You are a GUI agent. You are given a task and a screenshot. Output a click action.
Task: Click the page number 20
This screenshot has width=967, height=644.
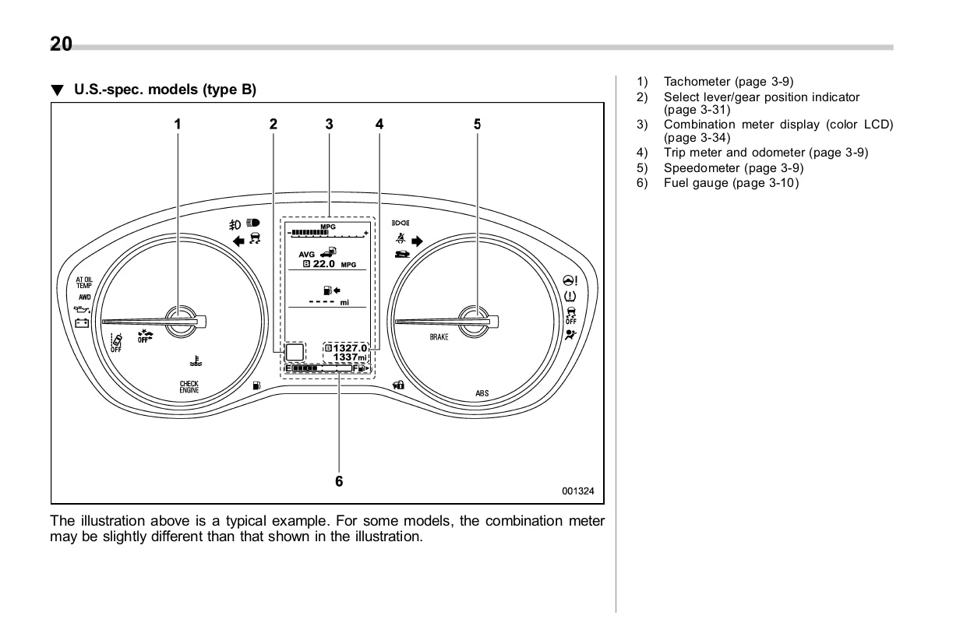point(61,44)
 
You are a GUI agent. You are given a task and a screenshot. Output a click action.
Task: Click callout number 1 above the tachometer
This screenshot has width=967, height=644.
point(177,124)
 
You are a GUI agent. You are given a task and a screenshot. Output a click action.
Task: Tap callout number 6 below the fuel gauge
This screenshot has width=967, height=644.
point(339,481)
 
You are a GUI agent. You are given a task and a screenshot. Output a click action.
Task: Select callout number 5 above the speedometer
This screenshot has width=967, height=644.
point(477,124)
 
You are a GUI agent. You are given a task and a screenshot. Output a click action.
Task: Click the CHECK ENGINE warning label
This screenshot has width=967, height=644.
point(189,386)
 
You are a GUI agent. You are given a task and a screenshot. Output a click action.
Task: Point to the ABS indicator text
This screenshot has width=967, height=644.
point(482,394)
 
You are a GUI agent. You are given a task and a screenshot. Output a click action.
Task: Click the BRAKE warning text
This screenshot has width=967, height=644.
point(439,337)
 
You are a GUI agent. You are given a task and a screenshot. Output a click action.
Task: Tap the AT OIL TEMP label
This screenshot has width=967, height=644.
point(84,283)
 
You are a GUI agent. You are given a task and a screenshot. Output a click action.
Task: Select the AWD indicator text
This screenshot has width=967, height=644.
point(83,297)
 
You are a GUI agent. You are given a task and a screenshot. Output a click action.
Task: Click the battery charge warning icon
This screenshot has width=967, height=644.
point(82,322)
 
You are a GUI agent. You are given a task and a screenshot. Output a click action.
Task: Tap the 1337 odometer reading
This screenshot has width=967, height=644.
point(345,357)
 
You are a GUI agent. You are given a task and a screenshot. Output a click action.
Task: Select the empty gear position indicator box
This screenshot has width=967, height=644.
point(295,353)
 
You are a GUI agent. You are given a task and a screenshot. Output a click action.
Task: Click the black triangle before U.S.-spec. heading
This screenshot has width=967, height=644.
point(56,90)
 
